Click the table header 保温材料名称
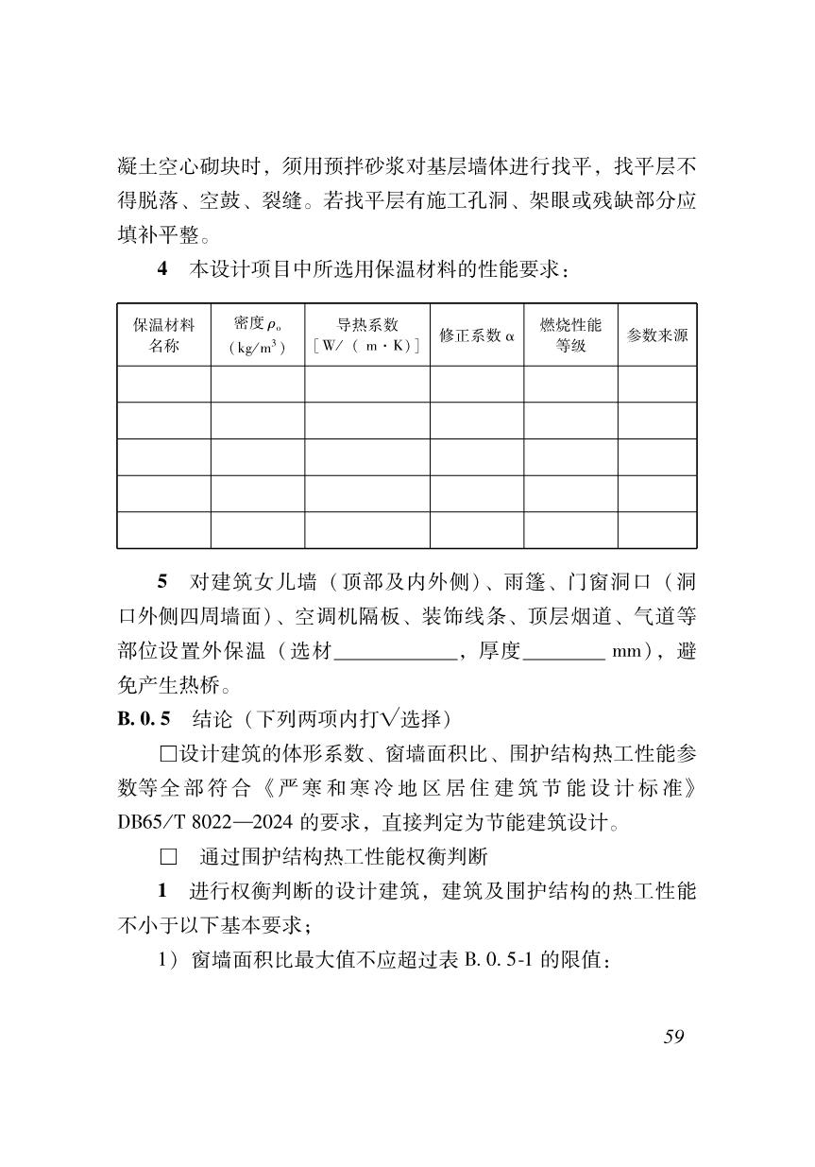pos(164,335)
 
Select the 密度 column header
pos(257,335)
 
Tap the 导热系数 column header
pos(367,335)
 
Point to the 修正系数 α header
pos(477,335)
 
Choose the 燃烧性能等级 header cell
pos(570,335)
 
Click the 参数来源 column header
pos(657,335)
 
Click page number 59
pos(673,1037)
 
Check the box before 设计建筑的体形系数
pos(169,754)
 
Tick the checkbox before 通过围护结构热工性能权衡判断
pos(169,857)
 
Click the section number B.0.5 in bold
pos(144,719)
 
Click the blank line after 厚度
pos(563,652)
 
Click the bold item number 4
pos(162,268)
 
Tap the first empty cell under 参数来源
pos(657,385)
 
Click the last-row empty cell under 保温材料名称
pos(164,530)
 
